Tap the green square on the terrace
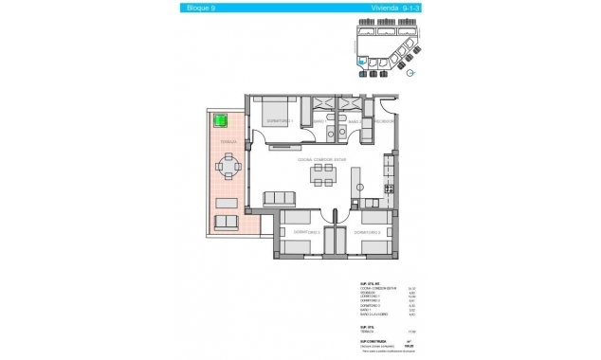(x=221, y=120)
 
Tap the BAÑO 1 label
(x=319, y=121)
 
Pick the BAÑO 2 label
(x=353, y=121)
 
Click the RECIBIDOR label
(x=382, y=121)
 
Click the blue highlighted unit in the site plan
(x=361, y=67)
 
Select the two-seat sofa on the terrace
(x=227, y=222)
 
